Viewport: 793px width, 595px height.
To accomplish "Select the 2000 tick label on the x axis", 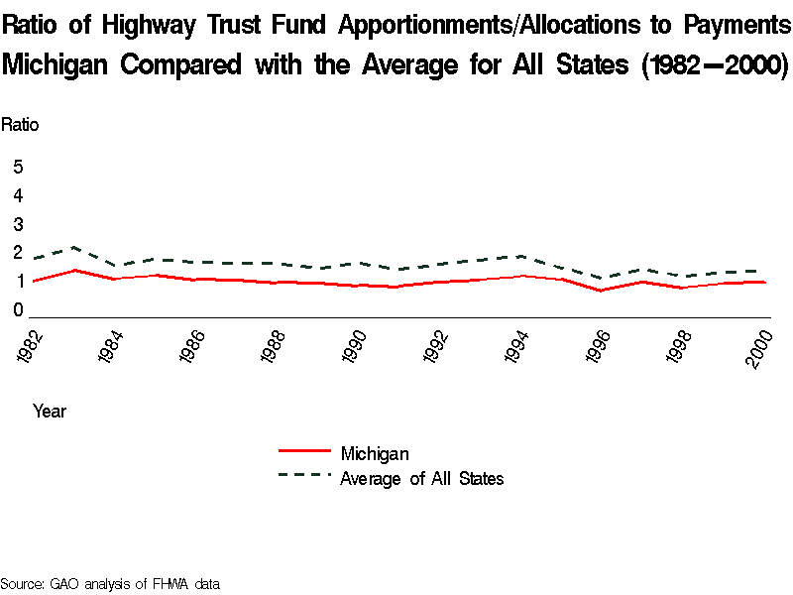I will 761,348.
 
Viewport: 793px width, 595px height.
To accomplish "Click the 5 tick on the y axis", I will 18,167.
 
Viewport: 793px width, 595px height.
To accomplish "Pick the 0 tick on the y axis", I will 18,310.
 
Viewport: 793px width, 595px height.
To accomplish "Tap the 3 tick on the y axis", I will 18,224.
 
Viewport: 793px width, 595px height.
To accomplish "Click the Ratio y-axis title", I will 20,125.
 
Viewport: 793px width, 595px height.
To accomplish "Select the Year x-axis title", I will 50,411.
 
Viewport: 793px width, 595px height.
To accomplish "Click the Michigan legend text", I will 374,454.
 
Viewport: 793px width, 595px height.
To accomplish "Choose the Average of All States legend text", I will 421,479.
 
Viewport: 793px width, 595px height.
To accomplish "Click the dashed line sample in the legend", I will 304,476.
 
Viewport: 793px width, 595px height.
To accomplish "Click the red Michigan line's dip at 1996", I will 600,291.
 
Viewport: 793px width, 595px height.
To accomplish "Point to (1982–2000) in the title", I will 713,65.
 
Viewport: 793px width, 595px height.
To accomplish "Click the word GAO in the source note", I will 64,584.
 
